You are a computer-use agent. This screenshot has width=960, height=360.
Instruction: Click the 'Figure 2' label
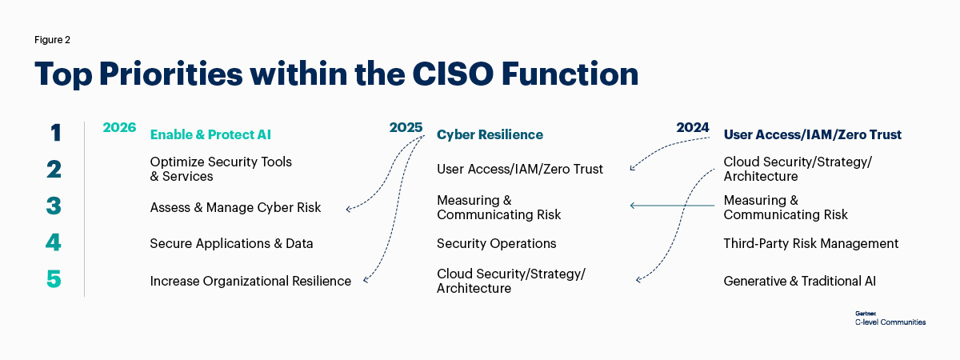tap(53, 38)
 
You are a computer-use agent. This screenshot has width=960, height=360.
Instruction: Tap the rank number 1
tap(54, 133)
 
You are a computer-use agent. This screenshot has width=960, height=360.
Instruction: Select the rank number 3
tap(54, 206)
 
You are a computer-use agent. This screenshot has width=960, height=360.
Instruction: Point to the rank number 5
tap(54, 280)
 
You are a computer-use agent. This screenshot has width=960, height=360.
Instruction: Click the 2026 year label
tap(119, 128)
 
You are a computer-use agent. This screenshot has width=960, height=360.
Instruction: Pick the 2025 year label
tap(406, 128)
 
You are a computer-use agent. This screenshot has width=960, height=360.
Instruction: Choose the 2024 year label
tap(693, 128)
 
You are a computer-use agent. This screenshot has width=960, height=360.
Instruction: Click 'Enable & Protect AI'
tap(216, 134)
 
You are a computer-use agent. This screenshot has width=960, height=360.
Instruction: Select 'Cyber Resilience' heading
tap(490, 134)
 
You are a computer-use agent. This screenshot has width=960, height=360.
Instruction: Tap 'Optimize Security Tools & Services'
tap(221, 169)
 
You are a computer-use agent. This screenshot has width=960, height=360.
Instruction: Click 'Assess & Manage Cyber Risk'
tap(235, 207)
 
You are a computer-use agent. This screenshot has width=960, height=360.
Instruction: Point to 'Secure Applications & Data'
tap(231, 243)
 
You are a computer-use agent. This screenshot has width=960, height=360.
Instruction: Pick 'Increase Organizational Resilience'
tap(250, 281)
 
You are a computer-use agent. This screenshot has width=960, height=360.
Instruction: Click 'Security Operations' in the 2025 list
tap(496, 243)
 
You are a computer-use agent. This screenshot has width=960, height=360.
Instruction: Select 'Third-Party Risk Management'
tap(811, 243)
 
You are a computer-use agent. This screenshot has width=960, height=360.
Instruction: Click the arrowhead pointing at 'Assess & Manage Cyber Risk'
tap(348, 210)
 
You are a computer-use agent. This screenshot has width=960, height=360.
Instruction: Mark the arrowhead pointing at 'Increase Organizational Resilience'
tap(366, 280)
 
